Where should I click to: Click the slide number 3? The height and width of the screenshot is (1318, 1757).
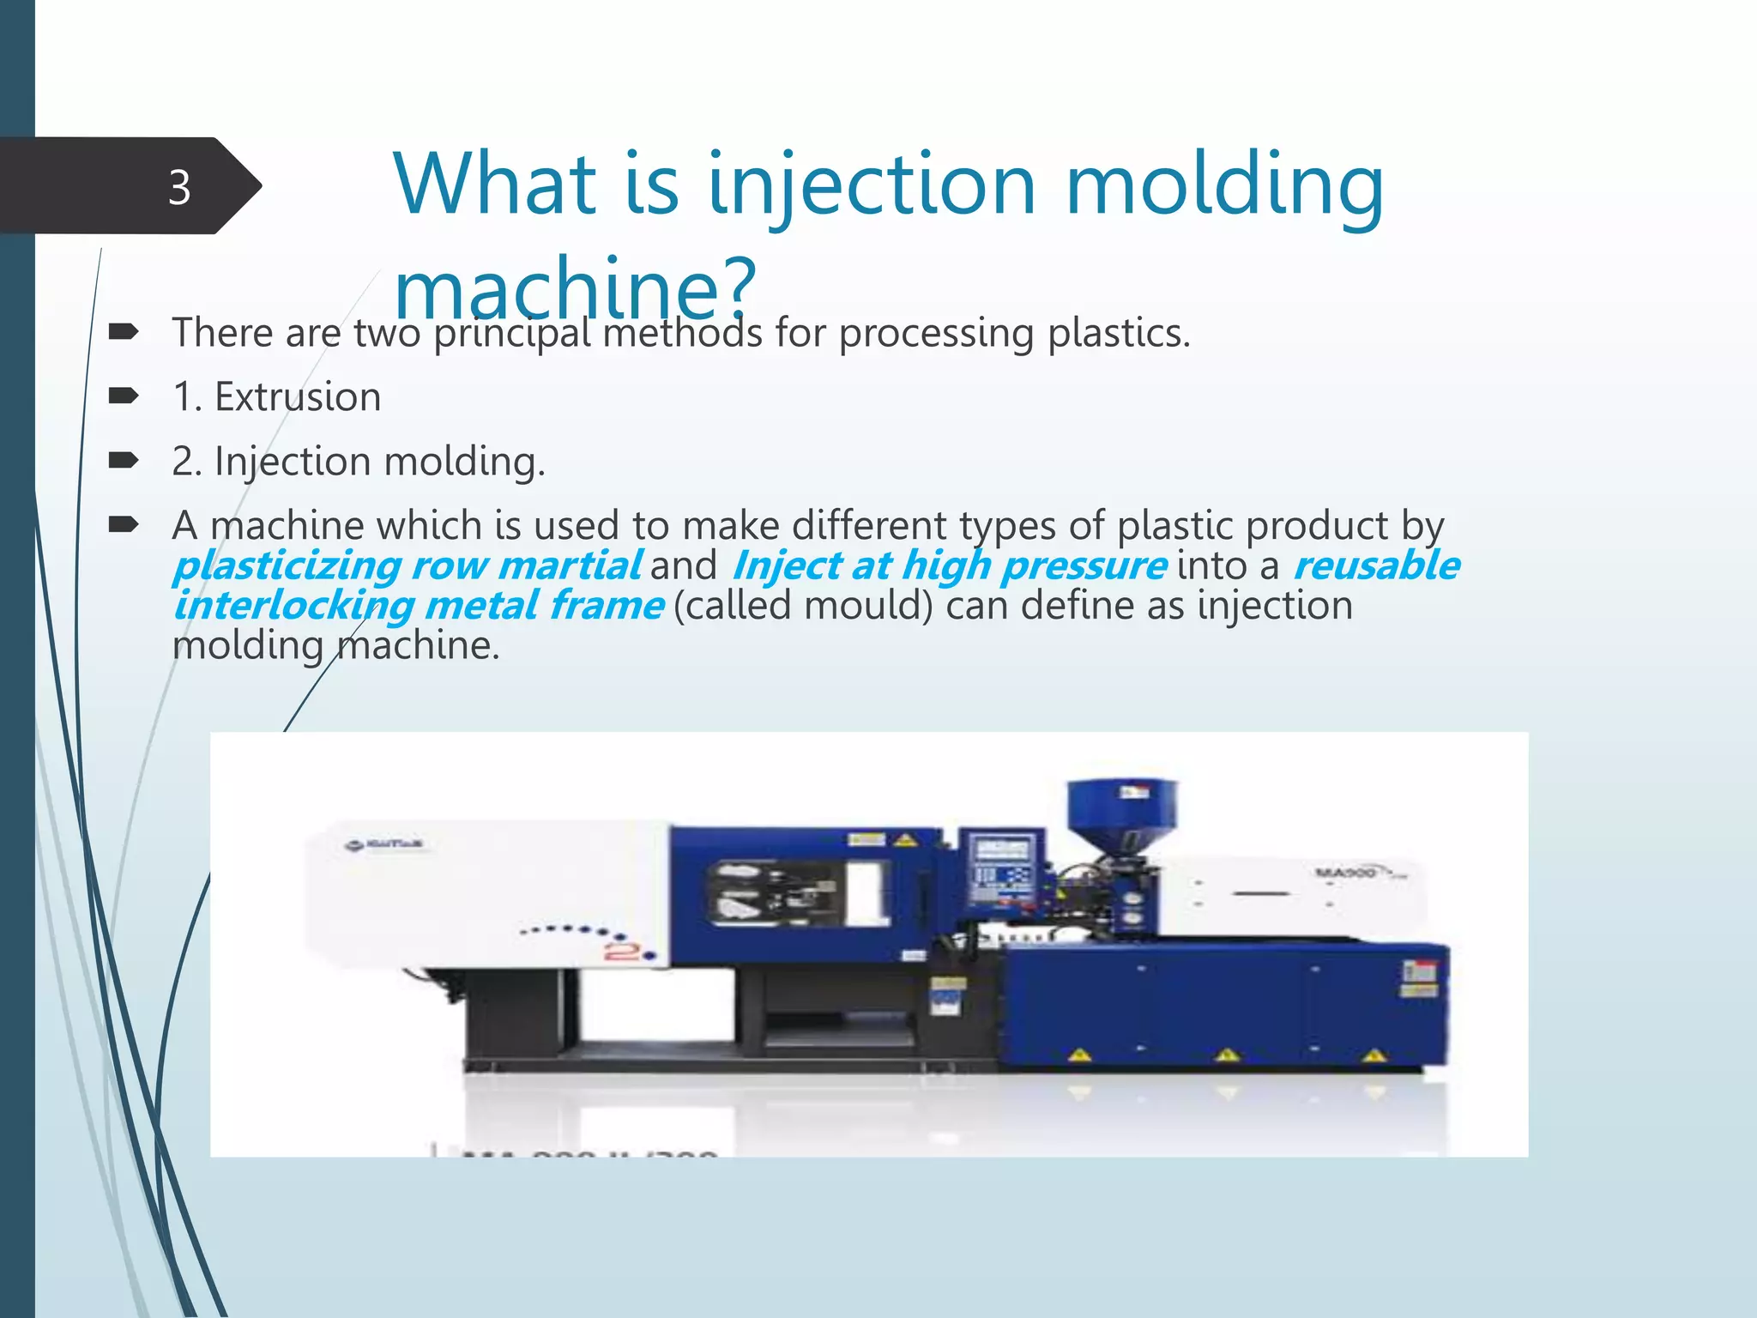[178, 187]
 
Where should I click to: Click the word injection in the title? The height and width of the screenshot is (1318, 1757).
[872, 184]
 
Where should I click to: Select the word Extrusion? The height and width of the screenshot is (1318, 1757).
[297, 397]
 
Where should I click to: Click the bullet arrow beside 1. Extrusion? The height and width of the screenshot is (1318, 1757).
[124, 396]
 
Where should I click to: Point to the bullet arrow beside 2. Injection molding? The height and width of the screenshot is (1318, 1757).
[124, 460]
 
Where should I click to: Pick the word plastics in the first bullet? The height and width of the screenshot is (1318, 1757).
[1115, 333]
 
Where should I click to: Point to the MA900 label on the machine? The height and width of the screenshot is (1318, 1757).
[1347, 873]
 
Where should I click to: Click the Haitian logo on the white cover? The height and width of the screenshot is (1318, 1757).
[385, 845]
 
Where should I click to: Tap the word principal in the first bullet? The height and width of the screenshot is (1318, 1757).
[512, 333]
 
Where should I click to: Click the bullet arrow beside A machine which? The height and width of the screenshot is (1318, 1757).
[124, 524]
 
